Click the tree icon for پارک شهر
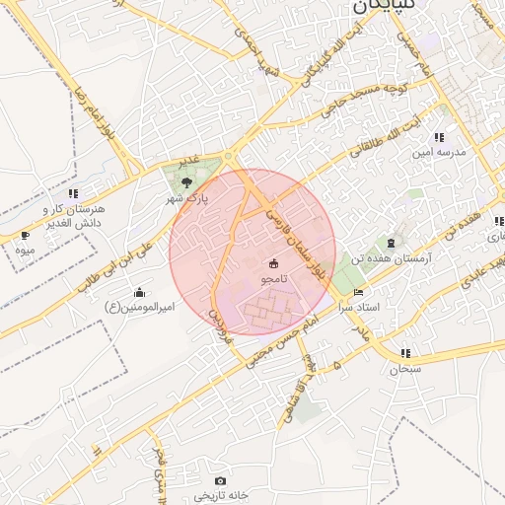pos(187,180)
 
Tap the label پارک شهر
pos(187,197)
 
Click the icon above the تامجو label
pos(273,263)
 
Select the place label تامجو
pos(273,280)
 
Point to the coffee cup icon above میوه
pos(24,236)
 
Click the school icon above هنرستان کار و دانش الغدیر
pos(73,193)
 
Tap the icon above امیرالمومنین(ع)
pos(139,292)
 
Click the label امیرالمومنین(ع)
pos(139,308)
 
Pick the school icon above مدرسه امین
pos(438,137)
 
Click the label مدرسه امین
pos(438,154)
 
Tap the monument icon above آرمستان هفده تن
pos(392,242)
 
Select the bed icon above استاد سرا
pos(358,292)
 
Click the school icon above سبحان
pos(404,353)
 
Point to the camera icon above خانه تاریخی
pos(219,479)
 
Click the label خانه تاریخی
pos(219,495)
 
